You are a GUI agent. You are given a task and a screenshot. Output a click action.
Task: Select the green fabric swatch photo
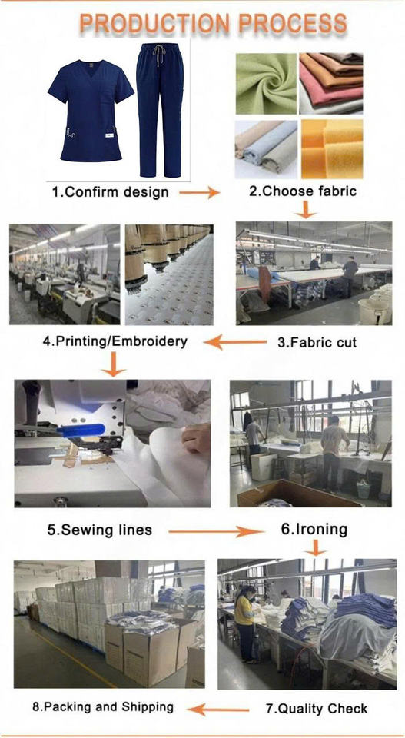(266, 83)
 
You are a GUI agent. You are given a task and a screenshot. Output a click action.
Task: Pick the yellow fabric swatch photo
(332, 148)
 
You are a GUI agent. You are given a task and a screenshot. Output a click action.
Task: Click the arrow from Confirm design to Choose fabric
(200, 192)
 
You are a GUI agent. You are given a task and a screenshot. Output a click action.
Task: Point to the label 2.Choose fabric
(303, 191)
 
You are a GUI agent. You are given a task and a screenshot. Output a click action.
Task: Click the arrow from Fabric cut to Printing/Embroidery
(236, 341)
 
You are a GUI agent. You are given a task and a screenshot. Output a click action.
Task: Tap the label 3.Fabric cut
(317, 342)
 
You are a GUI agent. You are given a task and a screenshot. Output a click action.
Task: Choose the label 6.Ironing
(314, 530)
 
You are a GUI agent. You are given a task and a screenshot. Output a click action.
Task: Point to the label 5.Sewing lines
(99, 530)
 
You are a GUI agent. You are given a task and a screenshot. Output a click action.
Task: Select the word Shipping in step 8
(148, 707)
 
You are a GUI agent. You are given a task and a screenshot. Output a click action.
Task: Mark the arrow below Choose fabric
(306, 209)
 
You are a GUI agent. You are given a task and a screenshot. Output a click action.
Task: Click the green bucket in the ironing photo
(364, 490)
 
